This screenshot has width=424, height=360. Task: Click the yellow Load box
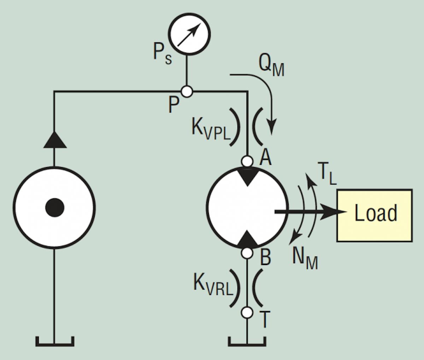pos(374,215)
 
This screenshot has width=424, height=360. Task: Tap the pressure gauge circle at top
pos(189,35)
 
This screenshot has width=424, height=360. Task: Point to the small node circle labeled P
pos(187,92)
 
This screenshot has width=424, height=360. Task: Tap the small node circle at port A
pos(247,161)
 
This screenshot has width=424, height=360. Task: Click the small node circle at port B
pos(247,253)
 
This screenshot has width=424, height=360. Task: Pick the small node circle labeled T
pos(247,312)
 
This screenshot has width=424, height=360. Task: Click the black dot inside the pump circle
pos(55,207)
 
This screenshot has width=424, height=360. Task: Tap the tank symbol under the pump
pos(54,341)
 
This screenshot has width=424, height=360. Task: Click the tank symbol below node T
pos(247,341)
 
